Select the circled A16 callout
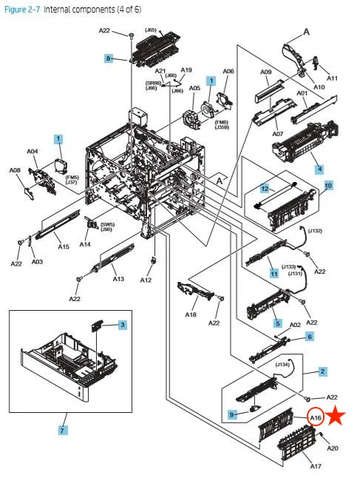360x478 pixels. pos(316,417)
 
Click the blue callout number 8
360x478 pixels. pos(108,58)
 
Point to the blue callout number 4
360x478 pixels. pos(319,169)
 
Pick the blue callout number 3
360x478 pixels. pos(123,325)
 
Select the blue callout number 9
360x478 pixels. pos(232,414)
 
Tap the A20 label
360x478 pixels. pos(333,448)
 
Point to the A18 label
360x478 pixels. pos(191,315)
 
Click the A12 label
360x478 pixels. pos(146,280)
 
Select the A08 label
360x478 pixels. pos(15,170)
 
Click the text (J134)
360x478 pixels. pos(282,363)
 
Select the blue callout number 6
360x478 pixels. pos(310,337)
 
